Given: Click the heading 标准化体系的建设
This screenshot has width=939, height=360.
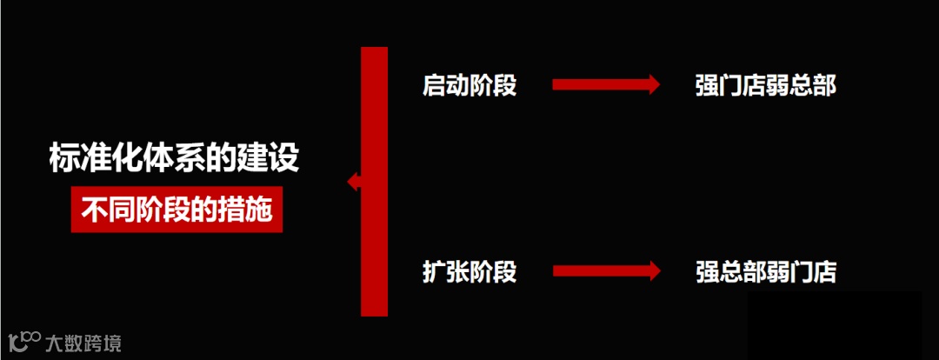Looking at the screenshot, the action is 175,159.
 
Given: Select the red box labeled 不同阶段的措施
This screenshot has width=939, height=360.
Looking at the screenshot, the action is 176,210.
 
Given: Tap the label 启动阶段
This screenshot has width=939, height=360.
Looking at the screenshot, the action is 469,85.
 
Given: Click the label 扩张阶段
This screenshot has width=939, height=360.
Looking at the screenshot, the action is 469,271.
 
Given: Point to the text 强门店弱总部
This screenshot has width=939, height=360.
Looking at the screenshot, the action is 765,85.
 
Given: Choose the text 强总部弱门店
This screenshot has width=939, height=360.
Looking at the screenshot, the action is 765,271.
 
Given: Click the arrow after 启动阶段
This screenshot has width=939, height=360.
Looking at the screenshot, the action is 605,84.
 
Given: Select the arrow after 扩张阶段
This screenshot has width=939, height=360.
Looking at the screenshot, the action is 605,270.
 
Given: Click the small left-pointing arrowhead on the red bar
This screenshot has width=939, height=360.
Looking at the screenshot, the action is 353,182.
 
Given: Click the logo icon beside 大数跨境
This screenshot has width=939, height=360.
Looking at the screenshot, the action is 23,340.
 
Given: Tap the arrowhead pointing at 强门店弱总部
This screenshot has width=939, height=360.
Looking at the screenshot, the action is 651,84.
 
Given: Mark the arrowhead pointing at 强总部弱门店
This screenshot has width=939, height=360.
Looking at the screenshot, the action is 651,270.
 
